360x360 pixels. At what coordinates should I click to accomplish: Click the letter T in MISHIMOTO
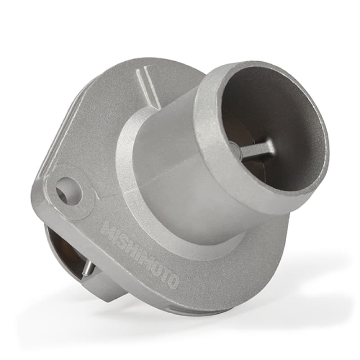point(165,274)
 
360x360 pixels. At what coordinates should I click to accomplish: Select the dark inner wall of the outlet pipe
point(288,108)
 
